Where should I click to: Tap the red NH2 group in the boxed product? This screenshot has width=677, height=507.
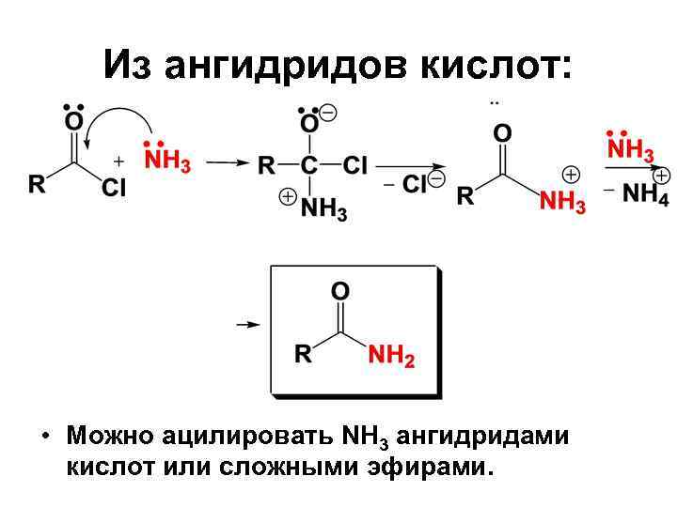tap(391, 357)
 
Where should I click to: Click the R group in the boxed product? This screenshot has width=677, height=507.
tap(303, 355)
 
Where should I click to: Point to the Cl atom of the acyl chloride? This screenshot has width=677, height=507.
tap(113, 188)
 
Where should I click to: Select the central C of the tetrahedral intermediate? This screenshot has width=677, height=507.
tap(309, 167)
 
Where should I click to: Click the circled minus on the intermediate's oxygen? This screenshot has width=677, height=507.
tap(328, 113)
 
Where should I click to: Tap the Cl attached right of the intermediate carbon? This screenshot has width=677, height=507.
tap(355, 167)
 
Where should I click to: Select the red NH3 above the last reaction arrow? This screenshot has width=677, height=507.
tap(630, 150)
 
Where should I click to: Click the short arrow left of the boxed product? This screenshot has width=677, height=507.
tap(246, 324)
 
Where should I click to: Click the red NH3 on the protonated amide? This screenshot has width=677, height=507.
tap(563, 201)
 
